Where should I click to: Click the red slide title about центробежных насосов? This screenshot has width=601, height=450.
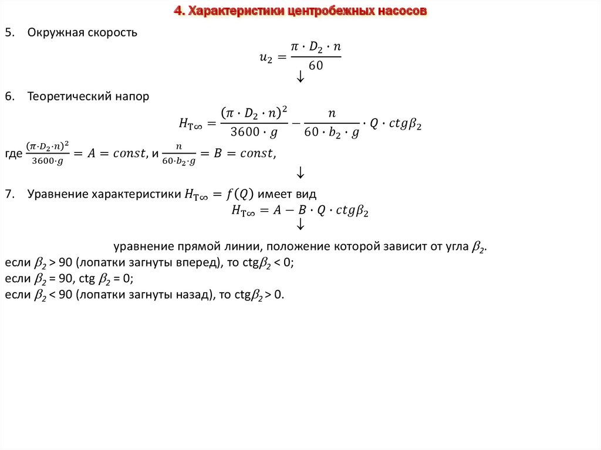[300, 11]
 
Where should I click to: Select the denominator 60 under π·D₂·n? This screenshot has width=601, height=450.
[316, 66]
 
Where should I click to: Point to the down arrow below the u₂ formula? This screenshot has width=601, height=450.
[300, 77]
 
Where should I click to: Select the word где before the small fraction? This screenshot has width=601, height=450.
[12, 154]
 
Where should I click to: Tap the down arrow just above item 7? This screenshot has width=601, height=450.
[300, 172]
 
